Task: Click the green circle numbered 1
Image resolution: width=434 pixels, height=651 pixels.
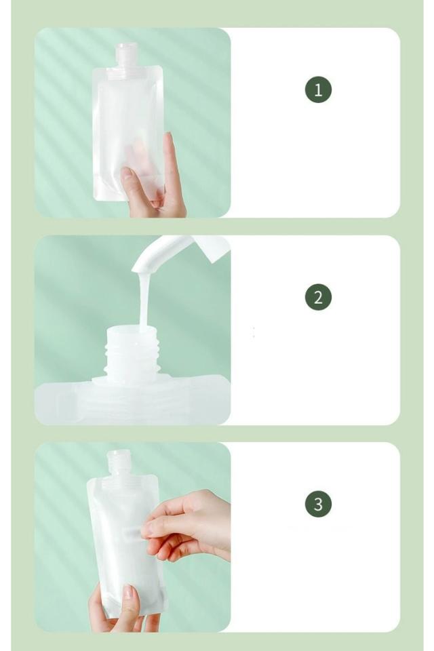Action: coord(318,90)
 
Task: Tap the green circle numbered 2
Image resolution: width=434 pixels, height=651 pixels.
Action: coord(318,297)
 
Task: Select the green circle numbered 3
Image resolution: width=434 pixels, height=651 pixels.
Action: coord(318,504)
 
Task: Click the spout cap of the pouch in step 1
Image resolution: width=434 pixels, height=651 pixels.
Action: coord(126,54)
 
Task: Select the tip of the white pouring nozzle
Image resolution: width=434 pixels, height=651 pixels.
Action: coord(140,269)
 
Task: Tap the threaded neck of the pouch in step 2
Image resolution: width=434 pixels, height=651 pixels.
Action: coord(132,357)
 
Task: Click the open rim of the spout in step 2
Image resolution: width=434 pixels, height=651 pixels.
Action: coord(132,330)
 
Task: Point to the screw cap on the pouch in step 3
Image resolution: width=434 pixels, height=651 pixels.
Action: coord(119,462)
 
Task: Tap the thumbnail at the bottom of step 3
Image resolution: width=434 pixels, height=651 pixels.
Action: coord(129,591)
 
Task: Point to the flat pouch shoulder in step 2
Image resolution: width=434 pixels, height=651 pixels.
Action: coord(132,399)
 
